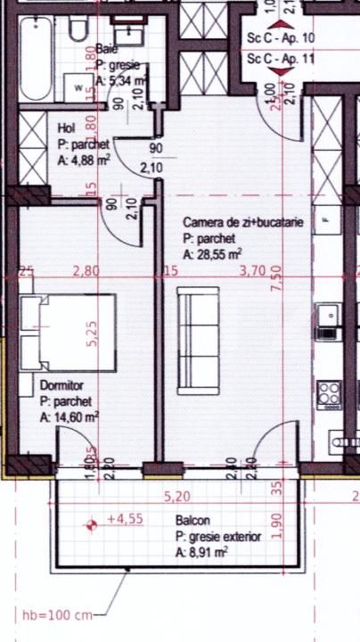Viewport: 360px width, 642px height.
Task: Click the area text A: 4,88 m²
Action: tap(84, 160)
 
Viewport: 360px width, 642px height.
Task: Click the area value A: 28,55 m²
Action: tap(213, 254)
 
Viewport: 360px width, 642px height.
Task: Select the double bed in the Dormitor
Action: tap(68, 333)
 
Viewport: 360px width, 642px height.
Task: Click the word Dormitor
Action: tap(61, 386)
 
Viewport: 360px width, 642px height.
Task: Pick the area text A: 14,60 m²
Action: tap(70, 416)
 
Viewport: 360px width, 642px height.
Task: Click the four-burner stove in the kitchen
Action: tap(330, 393)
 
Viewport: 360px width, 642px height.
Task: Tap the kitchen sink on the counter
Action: tap(329, 314)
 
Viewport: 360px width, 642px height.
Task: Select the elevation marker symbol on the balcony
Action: tap(90, 525)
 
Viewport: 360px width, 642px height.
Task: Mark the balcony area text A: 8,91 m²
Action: tap(201, 553)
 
